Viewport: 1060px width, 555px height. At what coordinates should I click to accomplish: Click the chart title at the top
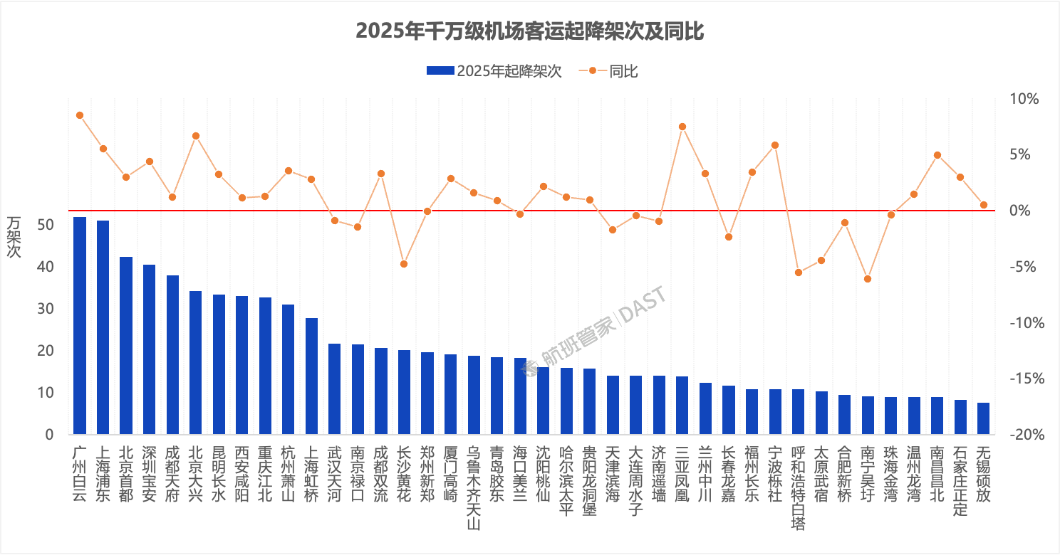coord(529,31)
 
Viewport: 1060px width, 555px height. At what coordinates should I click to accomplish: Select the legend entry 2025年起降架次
coord(494,70)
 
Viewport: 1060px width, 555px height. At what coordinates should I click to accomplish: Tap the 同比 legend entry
coord(613,70)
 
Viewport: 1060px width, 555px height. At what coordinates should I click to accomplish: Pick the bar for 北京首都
coord(126,345)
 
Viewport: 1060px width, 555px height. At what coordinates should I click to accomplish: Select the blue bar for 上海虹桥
coord(311,376)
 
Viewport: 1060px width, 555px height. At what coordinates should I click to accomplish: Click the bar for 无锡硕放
coord(983,418)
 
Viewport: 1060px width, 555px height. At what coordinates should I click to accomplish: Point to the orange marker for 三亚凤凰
coord(682,127)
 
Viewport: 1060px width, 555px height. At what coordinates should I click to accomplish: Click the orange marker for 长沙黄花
coord(404,264)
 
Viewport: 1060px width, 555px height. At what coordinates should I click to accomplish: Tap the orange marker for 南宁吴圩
coord(867,279)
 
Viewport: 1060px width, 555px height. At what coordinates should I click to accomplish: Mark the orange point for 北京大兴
coord(196,136)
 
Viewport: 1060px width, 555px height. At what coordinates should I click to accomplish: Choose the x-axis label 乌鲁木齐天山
coord(474,487)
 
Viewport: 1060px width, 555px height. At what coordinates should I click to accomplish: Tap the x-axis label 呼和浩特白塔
coord(798,487)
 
